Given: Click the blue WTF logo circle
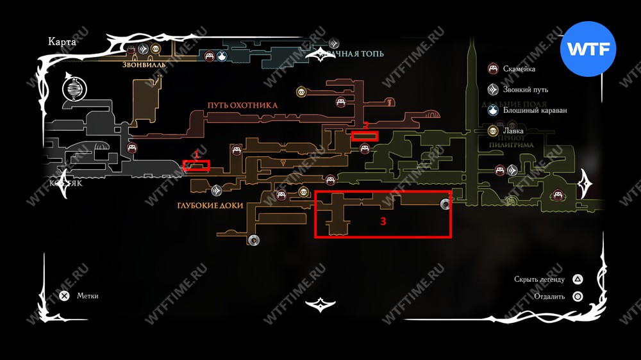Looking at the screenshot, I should click(588, 49).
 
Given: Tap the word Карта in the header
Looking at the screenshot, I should click(62, 42).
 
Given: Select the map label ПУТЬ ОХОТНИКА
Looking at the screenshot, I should click(242, 104).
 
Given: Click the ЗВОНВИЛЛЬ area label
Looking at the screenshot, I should click(144, 65).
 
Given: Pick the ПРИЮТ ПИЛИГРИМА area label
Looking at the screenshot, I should click(507, 141).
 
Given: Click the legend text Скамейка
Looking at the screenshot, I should click(519, 69).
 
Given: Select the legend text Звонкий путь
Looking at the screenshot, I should click(526, 90).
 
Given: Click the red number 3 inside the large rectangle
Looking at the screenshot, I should click(383, 222).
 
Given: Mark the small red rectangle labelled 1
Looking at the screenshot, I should click(196, 165).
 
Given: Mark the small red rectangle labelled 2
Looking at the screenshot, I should click(365, 136).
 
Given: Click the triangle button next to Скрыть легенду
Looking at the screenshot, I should click(578, 279).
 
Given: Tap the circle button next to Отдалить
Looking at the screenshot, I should click(578, 297).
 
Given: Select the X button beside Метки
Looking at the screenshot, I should click(64, 296).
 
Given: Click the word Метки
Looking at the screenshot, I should click(88, 296).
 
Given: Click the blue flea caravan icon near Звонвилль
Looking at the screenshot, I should click(222, 56).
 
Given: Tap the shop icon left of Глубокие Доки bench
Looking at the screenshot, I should click(303, 192).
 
